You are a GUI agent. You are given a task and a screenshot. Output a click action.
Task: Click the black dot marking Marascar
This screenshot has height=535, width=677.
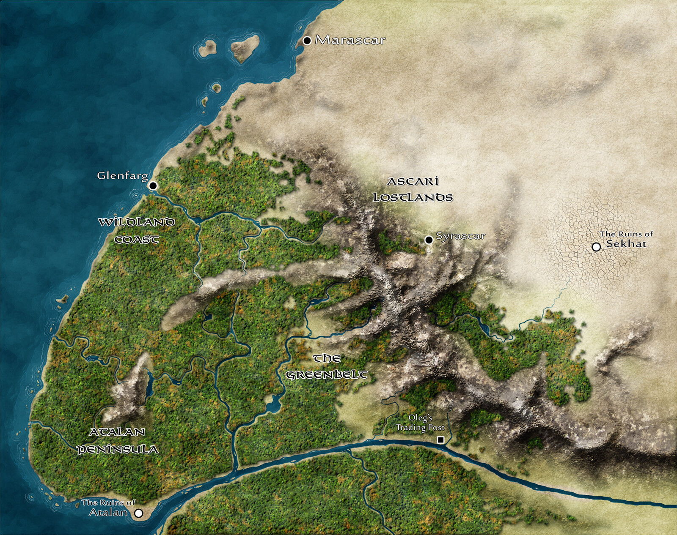307,41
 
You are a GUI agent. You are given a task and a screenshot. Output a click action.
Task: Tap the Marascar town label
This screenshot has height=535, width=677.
350,40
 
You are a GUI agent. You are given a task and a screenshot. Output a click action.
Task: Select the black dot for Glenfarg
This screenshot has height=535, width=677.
153,186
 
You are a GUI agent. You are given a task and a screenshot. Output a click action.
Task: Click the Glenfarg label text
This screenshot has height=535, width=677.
122,175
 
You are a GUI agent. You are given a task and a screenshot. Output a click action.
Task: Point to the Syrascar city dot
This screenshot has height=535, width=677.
429,240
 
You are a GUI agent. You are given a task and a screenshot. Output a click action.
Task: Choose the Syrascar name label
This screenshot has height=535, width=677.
460,236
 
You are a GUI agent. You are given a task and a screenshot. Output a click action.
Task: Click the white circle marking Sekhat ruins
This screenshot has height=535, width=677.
596,247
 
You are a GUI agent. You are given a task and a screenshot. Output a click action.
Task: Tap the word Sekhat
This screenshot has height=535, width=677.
626,244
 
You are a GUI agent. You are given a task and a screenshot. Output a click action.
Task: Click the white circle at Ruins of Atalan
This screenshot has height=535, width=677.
138,513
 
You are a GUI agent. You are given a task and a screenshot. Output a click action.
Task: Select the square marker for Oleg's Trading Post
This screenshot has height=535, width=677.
440,440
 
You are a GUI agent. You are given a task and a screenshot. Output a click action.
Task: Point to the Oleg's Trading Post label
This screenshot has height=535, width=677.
420,423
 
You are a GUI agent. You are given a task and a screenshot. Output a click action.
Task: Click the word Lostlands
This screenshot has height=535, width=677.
413,197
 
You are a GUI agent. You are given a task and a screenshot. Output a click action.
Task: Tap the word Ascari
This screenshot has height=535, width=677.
413,181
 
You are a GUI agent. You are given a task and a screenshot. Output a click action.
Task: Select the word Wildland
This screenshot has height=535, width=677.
136,222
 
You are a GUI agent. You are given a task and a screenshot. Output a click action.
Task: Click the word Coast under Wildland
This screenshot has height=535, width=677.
137,240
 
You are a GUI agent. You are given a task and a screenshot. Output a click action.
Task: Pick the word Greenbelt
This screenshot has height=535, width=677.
326,374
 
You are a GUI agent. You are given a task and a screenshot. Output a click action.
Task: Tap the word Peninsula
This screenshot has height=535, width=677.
118,449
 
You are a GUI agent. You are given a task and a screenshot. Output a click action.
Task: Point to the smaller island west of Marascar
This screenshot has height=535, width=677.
207,48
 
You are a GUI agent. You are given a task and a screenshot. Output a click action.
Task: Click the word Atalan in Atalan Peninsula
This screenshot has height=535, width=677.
117,432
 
